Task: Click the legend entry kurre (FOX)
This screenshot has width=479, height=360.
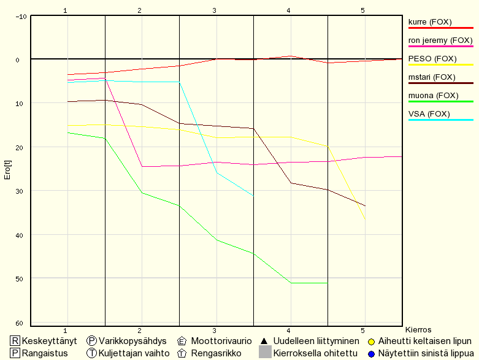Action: tap(430, 22)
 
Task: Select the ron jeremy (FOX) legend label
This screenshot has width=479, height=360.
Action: tap(440, 40)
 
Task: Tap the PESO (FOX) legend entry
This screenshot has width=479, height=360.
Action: tap(432, 59)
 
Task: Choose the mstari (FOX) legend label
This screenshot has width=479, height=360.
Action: tap(432, 77)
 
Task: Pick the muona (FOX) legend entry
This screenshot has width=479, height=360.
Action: tap(432, 96)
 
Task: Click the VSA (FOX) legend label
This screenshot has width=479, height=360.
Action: tap(429, 114)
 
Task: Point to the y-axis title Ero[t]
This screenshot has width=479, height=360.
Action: tap(7, 169)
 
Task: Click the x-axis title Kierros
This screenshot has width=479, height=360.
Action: tap(419, 330)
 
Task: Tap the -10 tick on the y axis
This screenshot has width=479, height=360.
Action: tap(21, 16)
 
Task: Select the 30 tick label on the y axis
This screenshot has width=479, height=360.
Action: tap(19, 191)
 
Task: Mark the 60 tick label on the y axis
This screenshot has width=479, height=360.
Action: tap(19, 323)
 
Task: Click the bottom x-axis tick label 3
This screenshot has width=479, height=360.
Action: tap(215, 331)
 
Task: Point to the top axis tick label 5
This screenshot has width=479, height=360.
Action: tap(363, 10)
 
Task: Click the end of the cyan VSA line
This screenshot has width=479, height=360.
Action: tap(253, 196)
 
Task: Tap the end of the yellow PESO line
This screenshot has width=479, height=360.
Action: tap(365, 219)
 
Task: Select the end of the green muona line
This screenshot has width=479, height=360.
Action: tap(328, 283)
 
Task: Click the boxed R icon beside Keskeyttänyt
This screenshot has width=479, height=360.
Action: tap(15, 341)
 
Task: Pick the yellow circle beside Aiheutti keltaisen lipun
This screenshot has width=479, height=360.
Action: tap(372, 341)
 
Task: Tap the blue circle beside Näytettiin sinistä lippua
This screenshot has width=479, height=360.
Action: tap(372, 353)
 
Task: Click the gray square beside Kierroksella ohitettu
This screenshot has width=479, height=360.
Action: tap(265, 352)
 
